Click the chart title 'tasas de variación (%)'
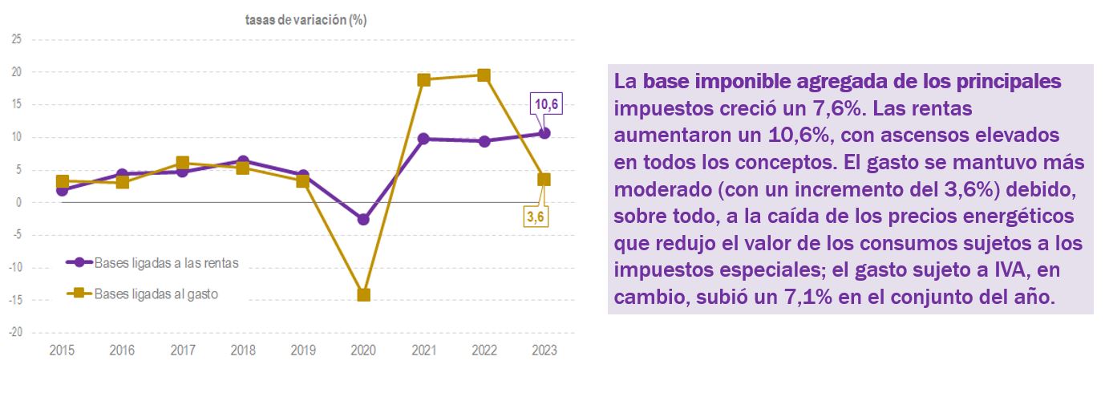point(306,21)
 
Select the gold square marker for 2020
point(363,294)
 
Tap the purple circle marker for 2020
point(363,219)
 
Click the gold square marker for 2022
point(484,75)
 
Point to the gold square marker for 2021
point(423,79)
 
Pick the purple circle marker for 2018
point(243,161)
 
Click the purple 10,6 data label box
point(544,104)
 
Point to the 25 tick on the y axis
point(16,39)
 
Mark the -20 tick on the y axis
point(15,332)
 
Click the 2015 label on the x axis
point(62,350)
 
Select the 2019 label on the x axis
point(303,350)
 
